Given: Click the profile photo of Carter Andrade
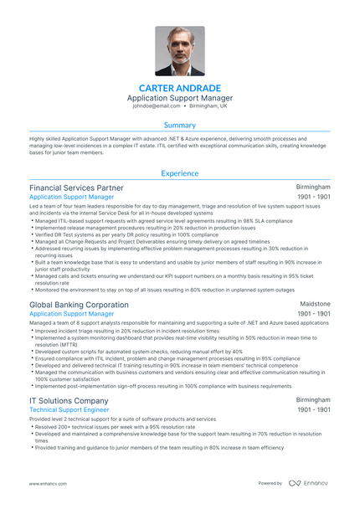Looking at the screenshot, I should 180,51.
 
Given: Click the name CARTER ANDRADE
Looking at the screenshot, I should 180,88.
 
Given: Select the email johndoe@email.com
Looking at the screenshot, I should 156,106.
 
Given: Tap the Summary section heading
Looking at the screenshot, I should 180,125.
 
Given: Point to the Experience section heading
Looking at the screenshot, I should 180,173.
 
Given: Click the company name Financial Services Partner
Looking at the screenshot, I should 76,188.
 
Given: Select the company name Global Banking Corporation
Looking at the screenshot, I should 79,305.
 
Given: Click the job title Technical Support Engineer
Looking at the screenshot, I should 69,410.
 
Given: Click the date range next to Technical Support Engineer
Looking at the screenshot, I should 314,411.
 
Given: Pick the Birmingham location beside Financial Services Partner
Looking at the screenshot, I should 313,188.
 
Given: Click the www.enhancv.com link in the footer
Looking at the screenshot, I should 49,484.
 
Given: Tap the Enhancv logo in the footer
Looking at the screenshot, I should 310,484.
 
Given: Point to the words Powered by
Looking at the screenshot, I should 270,484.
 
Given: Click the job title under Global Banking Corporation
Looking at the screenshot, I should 71,314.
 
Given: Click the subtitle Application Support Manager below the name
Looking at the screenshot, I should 180,97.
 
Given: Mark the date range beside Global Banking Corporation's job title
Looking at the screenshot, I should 314,314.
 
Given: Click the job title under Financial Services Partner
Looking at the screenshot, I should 71,197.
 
